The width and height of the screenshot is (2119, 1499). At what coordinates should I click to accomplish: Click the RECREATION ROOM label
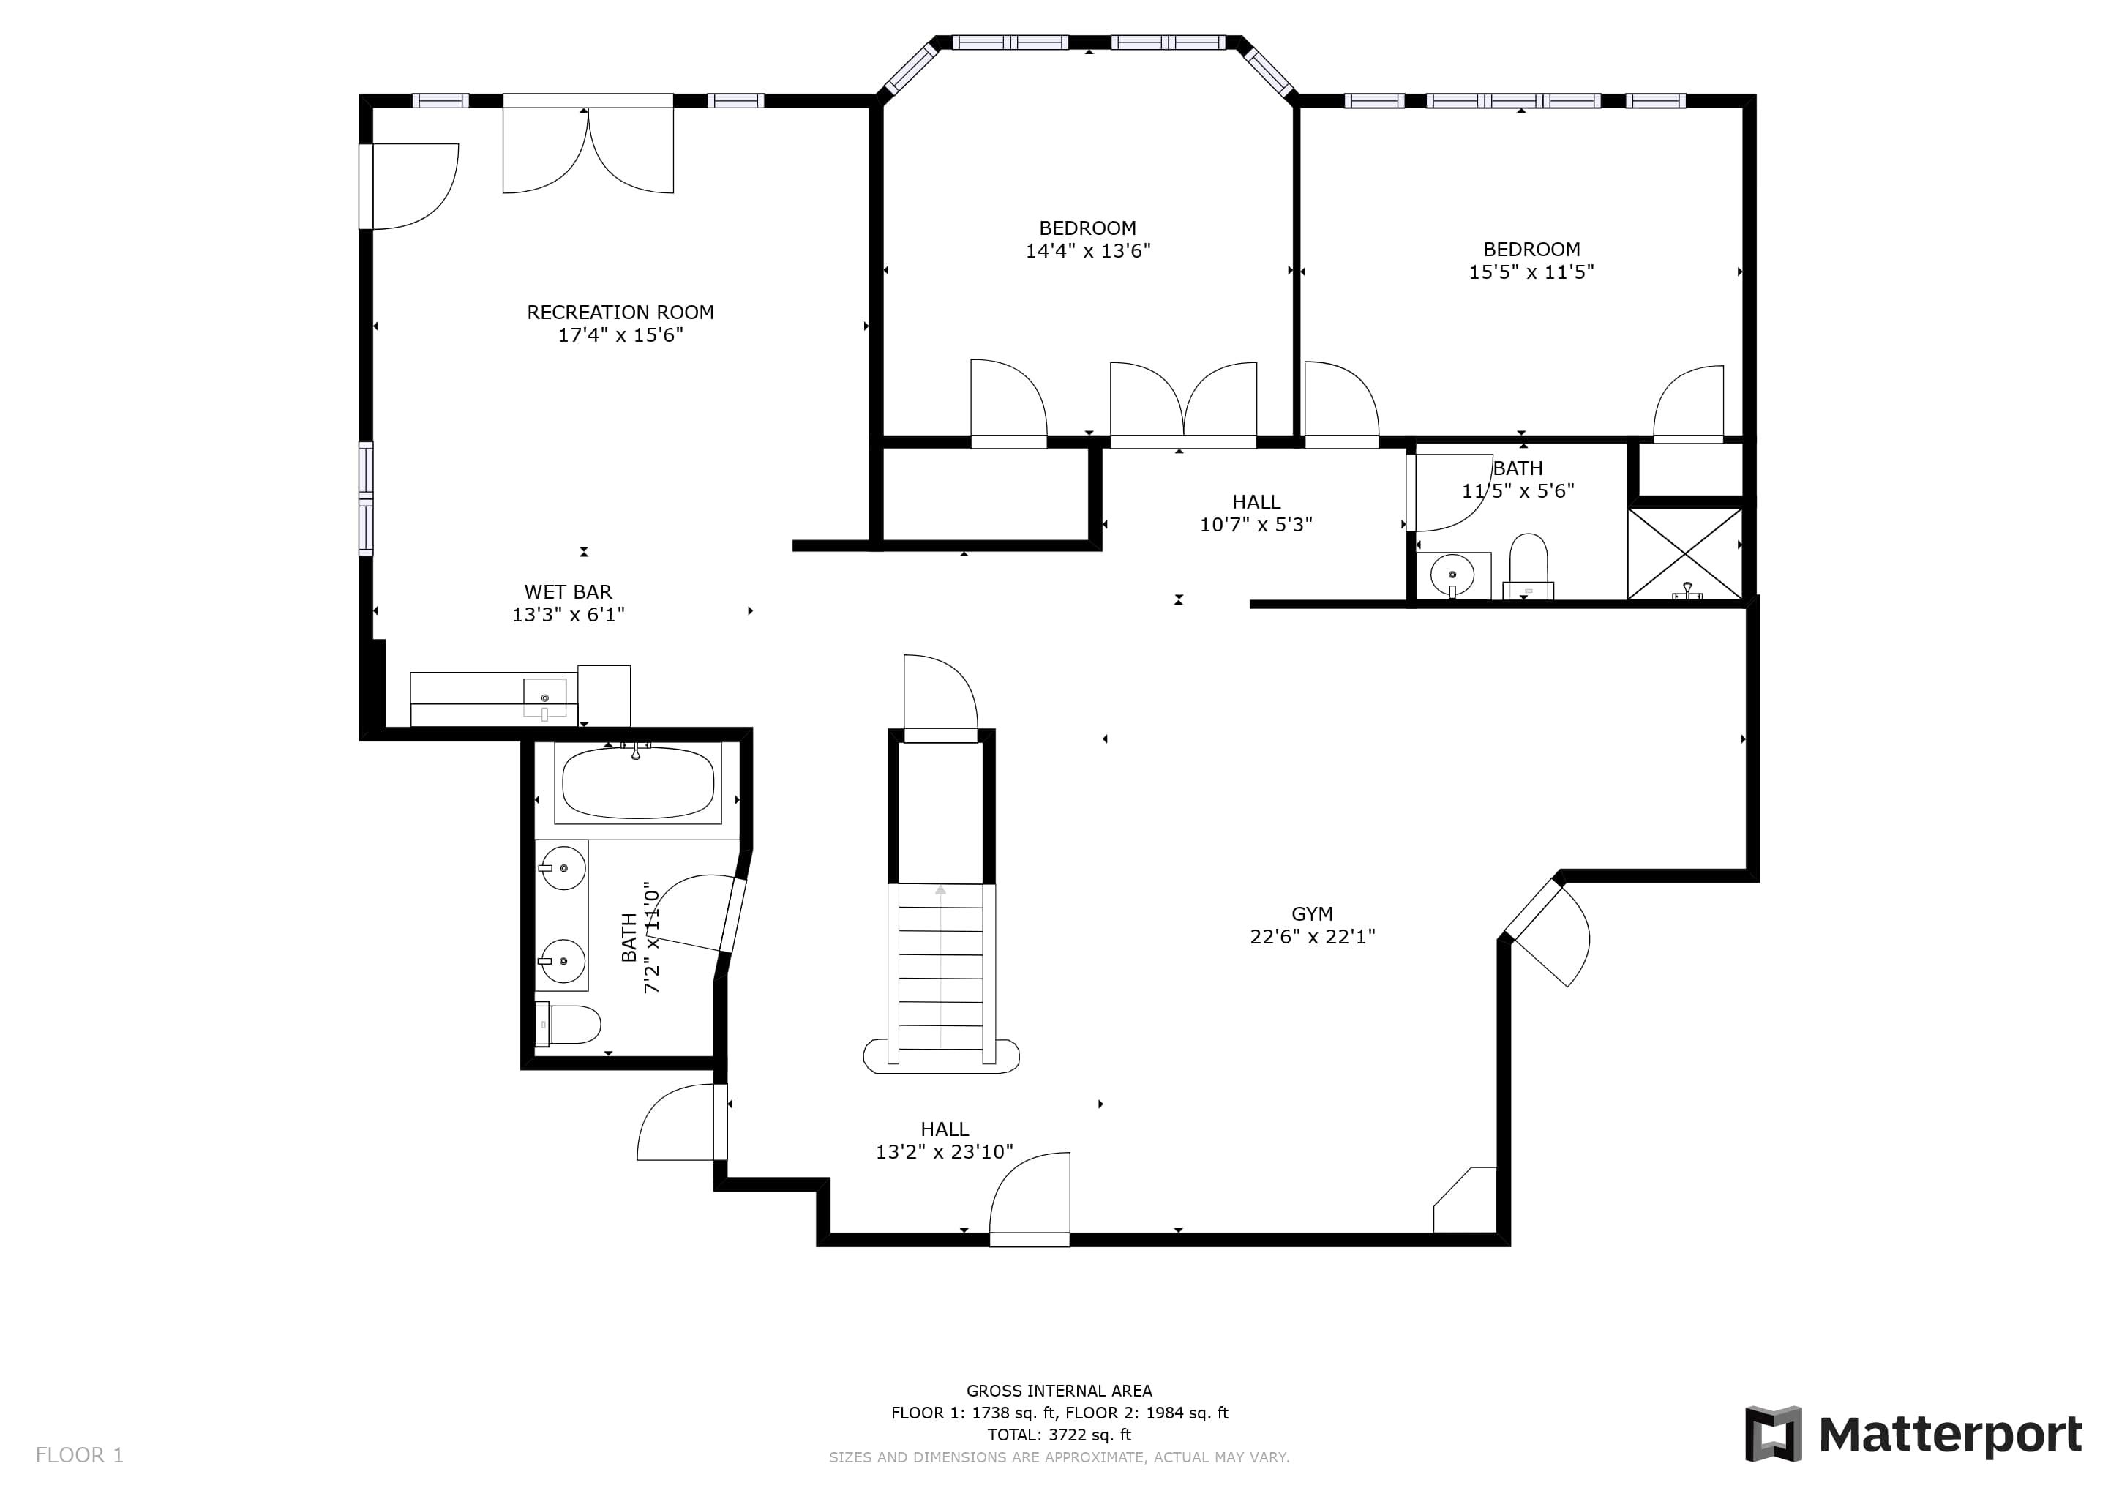tap(620, 312)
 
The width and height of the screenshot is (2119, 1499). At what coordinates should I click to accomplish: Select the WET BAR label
tap(568, 591)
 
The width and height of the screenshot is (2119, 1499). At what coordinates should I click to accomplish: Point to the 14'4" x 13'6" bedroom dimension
tap(1088, 250)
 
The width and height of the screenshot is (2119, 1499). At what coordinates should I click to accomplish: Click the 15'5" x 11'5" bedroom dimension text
tap(1531, 272)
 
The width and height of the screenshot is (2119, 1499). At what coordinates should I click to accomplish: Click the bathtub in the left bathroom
tap(638, 782)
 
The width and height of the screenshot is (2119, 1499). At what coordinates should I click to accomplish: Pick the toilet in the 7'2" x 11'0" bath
tap(568, 1024)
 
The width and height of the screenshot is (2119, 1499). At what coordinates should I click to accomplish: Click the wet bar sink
tap(544, 698)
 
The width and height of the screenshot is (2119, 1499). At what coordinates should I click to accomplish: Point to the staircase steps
tap(940, 968)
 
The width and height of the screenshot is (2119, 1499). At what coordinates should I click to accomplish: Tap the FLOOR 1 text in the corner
tap(79, 1456)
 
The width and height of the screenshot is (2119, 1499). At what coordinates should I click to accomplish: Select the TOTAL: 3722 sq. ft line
tap(1059, 1435)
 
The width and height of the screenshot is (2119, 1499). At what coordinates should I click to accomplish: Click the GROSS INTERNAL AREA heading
tap(1059, 1390)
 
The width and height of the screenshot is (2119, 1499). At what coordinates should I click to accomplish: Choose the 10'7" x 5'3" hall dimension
tap(1256, 524)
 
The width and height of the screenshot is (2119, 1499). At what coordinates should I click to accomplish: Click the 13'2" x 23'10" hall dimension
tap(944, 1151)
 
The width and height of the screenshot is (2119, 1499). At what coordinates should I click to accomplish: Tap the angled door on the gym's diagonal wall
tap(1546, 932)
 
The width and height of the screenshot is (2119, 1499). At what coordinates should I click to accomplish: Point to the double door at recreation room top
tap(588, 148)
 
